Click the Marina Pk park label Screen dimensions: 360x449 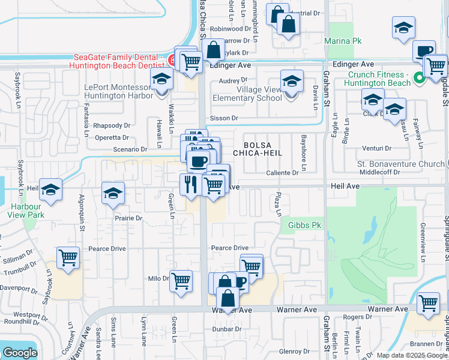(x=343, y=41)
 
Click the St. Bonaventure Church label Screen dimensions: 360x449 (x=400, y=163)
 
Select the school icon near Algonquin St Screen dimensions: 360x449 (x=113, y=194)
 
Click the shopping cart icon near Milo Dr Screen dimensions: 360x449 (x=181, y=280)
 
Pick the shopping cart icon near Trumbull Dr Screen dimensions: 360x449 (x=68, y=258)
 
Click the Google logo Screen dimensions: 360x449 (x=20, y=353)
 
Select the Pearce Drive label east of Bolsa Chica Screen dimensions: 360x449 (x=229, y=248)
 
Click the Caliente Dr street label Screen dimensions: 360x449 (x=282, y=173)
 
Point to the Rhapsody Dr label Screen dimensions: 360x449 (x=112, y=125)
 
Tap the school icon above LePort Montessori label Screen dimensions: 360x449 (x=161, y=79)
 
